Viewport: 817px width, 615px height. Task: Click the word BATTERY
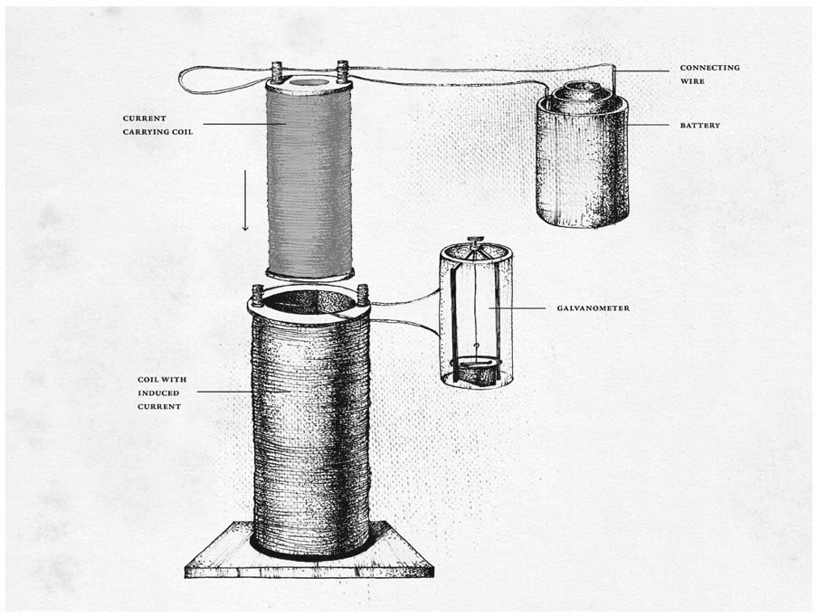pos(699,125)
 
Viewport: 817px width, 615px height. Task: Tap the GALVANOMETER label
pos(593,308)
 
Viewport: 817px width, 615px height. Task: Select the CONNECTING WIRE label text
pos(709,75)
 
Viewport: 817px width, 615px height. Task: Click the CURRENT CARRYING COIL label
pos(157,125)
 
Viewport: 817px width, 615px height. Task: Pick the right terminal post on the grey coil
pos(342,70)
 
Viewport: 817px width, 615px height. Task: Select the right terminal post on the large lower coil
pos(363,295)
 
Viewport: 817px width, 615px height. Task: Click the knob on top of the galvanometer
pos(472,242)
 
